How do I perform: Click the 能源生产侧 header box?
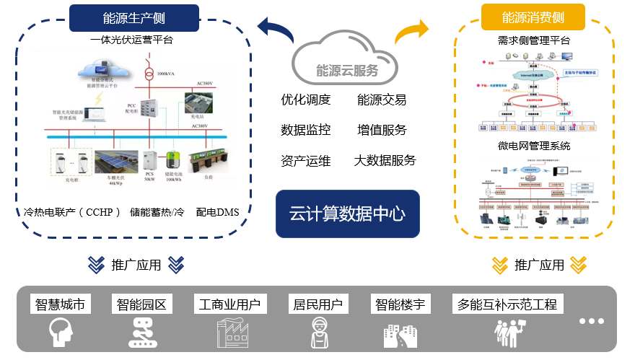point(133,18)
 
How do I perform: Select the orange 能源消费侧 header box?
point(533,17)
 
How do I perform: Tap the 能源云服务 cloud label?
point(347,70)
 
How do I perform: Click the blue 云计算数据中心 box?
point(347,214)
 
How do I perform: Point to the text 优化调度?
point(306,100)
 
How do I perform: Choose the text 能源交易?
point(382,100)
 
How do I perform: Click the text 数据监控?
point(306,130)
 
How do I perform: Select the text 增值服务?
point(382,130)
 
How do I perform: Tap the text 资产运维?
point(306,160)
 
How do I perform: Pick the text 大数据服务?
point(385,160)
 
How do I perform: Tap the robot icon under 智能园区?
point(141,333)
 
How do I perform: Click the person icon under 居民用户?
point(317,333)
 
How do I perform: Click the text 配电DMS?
point(217,212)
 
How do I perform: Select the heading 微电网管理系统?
point(534,146)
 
